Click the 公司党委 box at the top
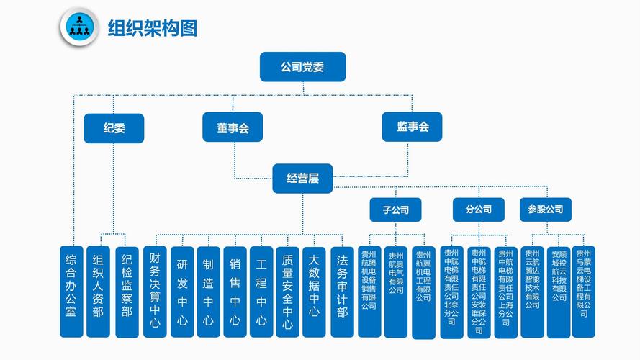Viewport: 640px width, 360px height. point(302,67)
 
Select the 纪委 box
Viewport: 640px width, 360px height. point(114,128)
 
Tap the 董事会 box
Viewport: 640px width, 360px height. point(233,128)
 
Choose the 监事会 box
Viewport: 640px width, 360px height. point(413,127)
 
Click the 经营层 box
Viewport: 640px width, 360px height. point(302,178)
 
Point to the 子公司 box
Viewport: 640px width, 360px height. point(395,210)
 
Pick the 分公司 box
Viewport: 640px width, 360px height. point(479,210)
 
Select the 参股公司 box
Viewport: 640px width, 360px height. point(546,210)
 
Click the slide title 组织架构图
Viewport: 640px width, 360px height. point(152,28)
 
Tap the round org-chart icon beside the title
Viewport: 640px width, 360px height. point(78,28)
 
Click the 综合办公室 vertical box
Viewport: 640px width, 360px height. point(71,291)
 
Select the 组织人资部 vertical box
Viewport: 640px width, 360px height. point(99,291)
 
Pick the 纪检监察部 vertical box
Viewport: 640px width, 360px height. point(127,291)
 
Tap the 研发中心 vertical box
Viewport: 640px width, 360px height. point(181,291)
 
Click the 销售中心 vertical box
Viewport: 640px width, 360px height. point(235,291)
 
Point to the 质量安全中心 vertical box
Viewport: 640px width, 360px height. point(287,291)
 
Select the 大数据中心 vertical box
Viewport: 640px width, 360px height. point(314,291)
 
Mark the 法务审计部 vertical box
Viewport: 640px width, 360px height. point(342,291)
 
